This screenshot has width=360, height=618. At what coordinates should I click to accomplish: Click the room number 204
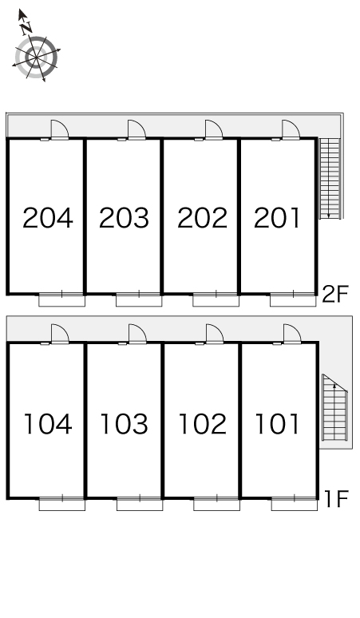[x=48, y=217]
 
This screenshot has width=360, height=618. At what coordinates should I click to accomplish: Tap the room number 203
[x=124, y=217]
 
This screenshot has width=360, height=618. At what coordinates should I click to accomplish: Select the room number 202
[x=203, y=217]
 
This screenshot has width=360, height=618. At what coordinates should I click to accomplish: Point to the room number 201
[x=277, y=217]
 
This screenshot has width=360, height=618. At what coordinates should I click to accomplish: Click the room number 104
[x=48, y=424]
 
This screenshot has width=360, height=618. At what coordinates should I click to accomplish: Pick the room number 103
[x=124, y=424]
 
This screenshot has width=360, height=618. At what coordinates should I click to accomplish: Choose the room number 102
[x=203, y=424]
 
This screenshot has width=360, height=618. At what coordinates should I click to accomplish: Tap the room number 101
[x=277, y=424]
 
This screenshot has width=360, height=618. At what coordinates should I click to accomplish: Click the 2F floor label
[x=335, y=294]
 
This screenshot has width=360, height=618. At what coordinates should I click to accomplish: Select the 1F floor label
[x=336, y=498]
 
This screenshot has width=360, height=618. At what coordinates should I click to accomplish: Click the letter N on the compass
[x=26, y=28]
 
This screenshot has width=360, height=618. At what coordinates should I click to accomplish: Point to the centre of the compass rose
[x=36, y=57]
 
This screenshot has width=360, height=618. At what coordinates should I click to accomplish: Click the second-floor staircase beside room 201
[x=330, y=178]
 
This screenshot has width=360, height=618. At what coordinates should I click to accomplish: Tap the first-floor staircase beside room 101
[x=334, y=407]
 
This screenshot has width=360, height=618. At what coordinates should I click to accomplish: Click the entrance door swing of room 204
[x=60, y=129]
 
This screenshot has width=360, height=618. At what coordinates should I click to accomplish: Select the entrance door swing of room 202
[x=214, y=129]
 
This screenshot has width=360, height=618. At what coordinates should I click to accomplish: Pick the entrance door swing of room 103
[x=137, y=334]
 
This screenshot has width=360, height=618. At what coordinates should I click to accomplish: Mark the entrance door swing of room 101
[x=292, y=334]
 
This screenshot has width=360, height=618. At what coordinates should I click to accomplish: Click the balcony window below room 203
[x=139, y=299]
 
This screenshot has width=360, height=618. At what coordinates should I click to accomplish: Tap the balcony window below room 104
[x=62, y=504]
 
